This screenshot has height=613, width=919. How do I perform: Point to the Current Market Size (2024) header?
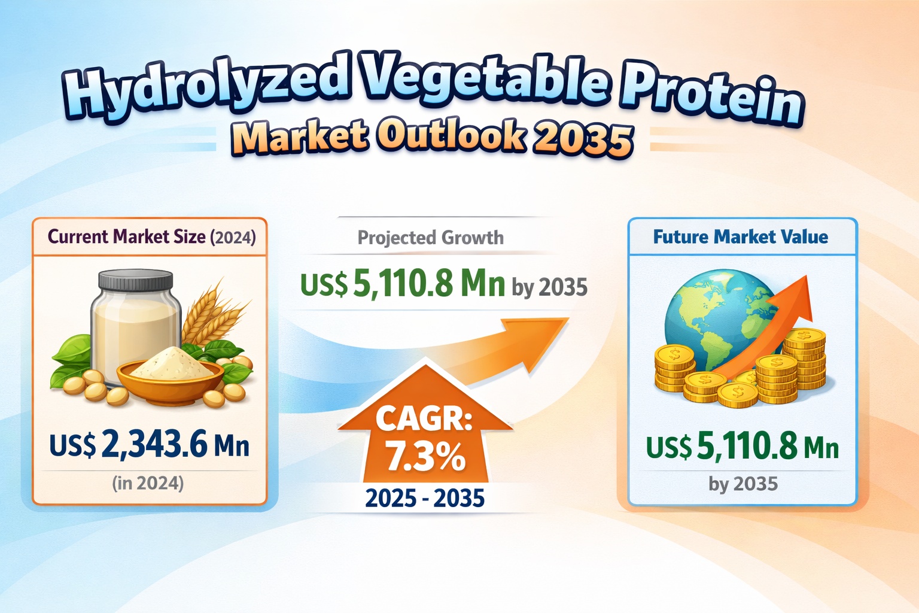[x=151, y=237]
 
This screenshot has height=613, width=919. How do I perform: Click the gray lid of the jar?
[x=135, y=280]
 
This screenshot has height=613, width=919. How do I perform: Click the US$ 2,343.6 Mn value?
[x=149, y=445]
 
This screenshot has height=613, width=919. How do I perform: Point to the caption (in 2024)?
[x=148, y=483]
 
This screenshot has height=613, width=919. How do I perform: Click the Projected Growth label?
[x=430, y=238]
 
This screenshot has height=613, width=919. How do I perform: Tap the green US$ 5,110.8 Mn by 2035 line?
[x=443, y=284]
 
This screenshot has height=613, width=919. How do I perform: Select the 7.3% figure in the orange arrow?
[x=425, y=457]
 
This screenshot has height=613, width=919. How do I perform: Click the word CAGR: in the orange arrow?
[x=424, y=418]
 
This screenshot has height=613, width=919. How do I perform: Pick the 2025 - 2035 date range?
[x=425, y=498]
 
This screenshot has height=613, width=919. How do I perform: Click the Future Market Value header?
[x=740, y=237]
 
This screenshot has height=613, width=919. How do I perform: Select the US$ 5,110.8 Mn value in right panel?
[x=742, y=447]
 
